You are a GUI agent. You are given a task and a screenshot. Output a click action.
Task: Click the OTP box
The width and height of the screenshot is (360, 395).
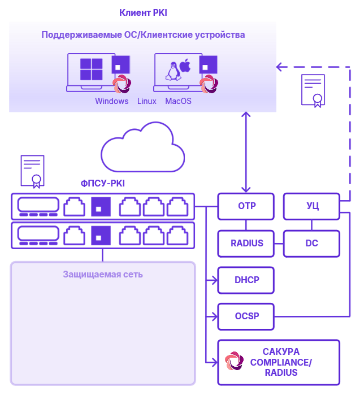(x=246, y=206)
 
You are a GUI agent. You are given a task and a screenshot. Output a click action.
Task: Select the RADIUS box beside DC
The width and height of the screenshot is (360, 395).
(x=246, y=244)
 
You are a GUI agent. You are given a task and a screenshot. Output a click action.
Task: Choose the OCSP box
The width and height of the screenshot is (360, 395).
(x=246, y=316)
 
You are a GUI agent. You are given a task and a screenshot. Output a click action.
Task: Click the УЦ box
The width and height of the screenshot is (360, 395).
(x=311, y=206)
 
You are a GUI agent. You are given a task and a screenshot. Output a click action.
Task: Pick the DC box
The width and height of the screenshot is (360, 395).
(x=311, y=244)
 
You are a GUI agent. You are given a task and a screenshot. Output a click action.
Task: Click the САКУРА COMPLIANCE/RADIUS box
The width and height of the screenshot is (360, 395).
(x=279, y=362)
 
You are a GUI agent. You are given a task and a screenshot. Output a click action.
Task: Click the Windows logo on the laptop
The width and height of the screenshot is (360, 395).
(x=91, y=70)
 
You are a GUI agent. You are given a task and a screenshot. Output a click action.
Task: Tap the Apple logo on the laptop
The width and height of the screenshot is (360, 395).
(x=185, y=67)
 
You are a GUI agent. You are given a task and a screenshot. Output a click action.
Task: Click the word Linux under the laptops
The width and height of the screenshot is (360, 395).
(x=147, y=101)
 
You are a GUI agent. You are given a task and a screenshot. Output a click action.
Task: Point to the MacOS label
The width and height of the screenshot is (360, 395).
(x=178, y=101)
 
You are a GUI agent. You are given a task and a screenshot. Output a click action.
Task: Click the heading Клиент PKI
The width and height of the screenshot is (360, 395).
(x=143, y=12)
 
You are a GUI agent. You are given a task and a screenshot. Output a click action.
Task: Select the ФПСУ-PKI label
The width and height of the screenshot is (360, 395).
(x=103, y=183)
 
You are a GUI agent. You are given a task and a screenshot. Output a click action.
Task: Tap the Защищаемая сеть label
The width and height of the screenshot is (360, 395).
(x=103, y=275)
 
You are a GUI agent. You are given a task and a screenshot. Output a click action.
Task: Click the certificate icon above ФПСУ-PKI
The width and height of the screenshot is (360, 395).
(x=32, y=171)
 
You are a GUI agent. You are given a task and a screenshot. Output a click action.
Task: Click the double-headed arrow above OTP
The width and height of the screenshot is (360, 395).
(x=245, y=152)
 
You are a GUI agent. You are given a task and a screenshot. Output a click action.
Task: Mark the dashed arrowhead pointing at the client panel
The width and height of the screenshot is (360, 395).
(x=279, y=67)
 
